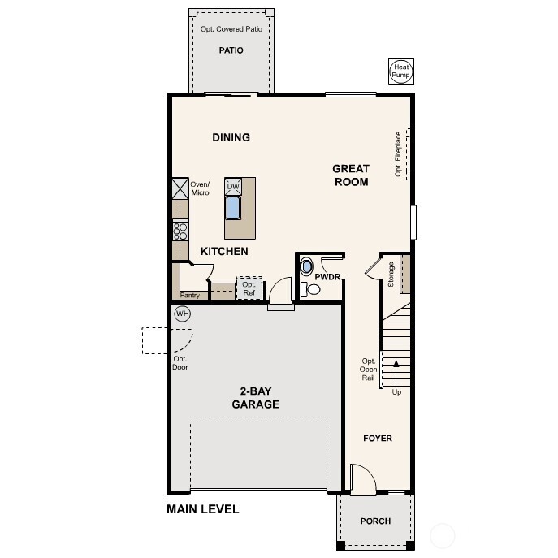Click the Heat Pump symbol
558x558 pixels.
click(400, 71)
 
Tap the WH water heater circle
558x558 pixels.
click(182, 314)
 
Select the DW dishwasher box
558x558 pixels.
click(233, 187)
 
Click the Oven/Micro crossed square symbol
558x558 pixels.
click(180, 188)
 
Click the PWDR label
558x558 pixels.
click(327, 277)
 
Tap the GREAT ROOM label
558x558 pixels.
click(351, 175)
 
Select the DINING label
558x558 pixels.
click(231, 137)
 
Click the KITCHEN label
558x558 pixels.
click(224, 252)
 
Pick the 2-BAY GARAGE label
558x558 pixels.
click(255, 398)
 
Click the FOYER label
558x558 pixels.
click(377, 439)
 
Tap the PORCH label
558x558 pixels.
click(375, 521)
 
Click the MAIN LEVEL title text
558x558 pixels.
click(203, 510)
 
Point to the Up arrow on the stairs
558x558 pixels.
click(396, 374)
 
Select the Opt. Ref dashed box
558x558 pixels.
click(249, 288)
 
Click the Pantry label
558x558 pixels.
click(190, 296)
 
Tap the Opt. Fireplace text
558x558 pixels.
click(398, 154)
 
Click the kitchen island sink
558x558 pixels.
click(233, 208)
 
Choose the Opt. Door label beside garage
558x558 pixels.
click(180, 363)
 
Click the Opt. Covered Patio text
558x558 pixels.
click(231, 29)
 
